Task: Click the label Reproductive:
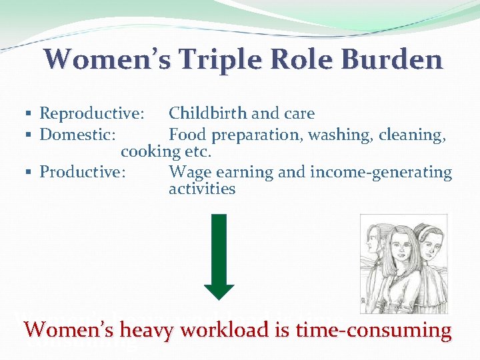(91, 114)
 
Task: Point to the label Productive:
(83, 172)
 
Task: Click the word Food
(187, 135)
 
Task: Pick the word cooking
(150, 151)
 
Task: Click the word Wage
(187, 172)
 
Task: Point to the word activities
(202, 189)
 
